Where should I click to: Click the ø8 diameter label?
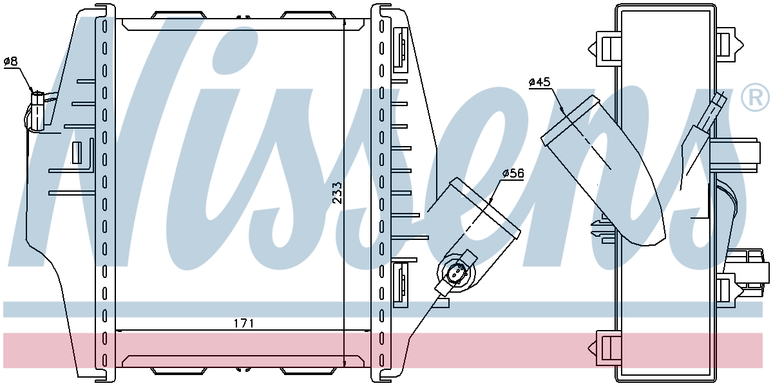coord(10,62)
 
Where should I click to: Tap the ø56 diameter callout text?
coord(513,173)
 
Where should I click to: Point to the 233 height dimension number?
coord(337,193)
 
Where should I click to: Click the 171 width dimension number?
coord(244,324)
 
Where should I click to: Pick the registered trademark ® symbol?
coord(756,98)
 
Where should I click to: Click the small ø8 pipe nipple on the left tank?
coord(37,110)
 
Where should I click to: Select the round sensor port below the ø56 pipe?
coord(457,274)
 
